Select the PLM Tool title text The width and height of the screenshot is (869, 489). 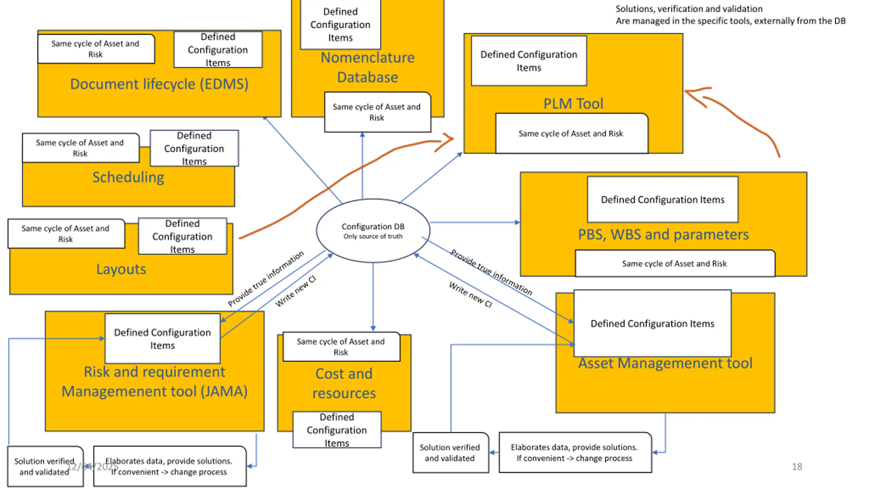573,104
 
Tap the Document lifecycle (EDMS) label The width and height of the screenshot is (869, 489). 159,84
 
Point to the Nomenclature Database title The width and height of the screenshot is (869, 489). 368,67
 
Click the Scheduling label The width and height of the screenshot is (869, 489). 128,177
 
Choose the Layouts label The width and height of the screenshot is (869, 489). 121,269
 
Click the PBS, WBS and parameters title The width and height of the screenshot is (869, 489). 663,234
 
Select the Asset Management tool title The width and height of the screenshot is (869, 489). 665,363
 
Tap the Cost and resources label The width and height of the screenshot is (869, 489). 344,383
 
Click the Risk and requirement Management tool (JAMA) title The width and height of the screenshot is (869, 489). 154,381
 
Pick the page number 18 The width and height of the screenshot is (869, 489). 797,467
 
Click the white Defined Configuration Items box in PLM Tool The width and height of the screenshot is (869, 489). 529,61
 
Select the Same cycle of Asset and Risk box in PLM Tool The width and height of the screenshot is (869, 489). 572,133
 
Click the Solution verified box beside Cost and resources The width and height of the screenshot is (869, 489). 450,452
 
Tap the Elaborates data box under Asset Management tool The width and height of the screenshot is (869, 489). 575,452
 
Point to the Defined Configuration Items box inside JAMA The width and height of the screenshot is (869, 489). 162,339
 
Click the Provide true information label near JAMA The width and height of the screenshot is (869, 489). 266,279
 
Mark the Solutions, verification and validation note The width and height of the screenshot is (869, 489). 731,15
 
